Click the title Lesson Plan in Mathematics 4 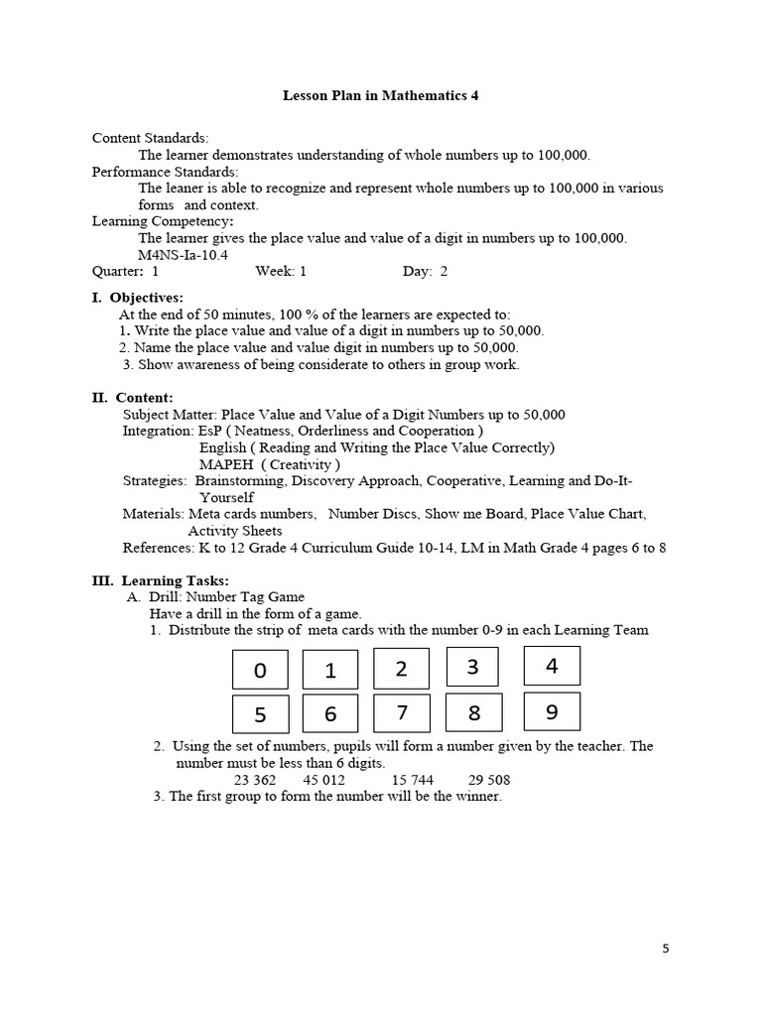click(x=381, y=96)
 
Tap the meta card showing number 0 click(x=260, y=670)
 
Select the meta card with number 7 click(x=402, y=712)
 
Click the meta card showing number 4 click(x=552, y=666)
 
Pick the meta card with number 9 click(x=552, y=711)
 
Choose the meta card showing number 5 click(x=260, y=714)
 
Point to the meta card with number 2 click(x=402, y=668)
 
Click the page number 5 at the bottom click(x=666, y=949)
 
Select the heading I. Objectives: click(x=137, y=298)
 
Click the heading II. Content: click(x=132, y=398)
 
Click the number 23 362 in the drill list click(x=255, y=780)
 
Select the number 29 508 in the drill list click(x=485, y=780)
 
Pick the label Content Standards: click(x=150, y=138)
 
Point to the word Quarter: click(x=118, y=271)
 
